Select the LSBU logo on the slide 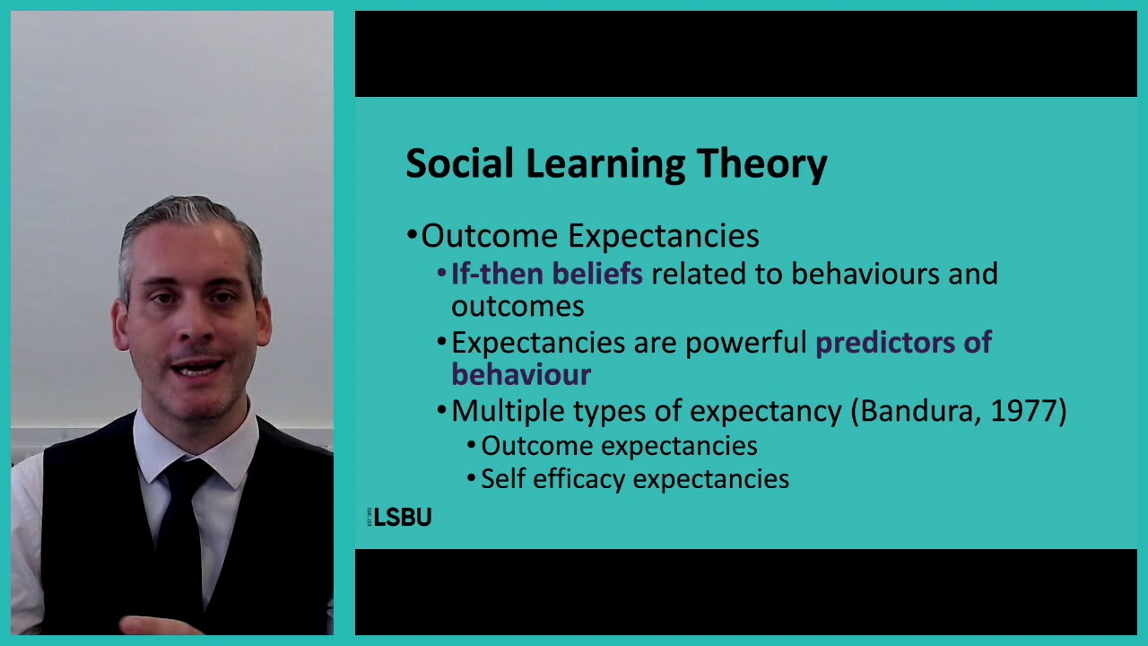click(x=402, y=518)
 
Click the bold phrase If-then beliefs click(x=546, y=274)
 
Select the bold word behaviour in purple click(x=521, y=374)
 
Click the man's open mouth click(x=197, y=368)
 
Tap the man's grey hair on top click(x=188, y=215)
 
